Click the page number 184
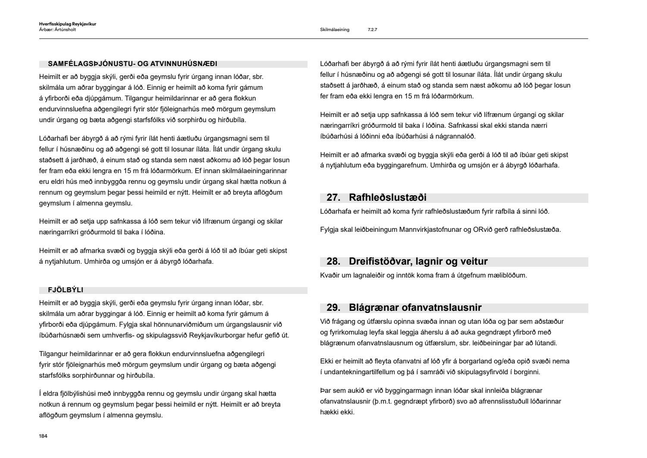(x=43, y=436)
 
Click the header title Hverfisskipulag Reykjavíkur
(x=67, y=24)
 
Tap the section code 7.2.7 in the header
(x=372, y=30)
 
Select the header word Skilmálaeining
(x=335, y=30)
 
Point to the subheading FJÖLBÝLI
(x=66, y=290)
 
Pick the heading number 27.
(x=333, y=198)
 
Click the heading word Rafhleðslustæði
(x=387, y=198)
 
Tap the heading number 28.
(x=333, y=262)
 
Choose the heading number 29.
(x=333, y=308)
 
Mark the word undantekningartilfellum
(x=363, y=372)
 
